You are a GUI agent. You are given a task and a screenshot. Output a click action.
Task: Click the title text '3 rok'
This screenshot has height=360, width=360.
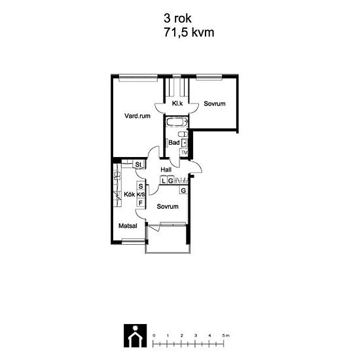pos(177,18)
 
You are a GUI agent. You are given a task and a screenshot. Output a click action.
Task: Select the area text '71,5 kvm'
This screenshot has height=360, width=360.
pos(189,32)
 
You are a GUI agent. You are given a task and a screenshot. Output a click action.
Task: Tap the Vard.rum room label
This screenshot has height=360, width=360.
pos(137,116)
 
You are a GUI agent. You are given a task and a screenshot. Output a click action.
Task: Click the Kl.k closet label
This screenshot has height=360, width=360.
pos(177,103)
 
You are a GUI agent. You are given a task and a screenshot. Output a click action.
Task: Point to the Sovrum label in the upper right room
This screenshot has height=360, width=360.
pos(215,103)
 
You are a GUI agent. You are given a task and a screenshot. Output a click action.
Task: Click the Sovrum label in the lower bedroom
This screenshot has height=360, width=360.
pos(168,206)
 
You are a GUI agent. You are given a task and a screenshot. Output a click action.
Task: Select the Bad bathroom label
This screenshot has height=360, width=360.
pos(174,143)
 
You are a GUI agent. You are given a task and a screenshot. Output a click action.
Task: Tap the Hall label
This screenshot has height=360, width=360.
pos(166,170)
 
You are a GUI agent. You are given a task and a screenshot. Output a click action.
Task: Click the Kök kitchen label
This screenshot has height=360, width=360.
pos(129,194)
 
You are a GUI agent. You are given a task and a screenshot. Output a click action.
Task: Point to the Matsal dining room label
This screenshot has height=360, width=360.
pos(128,226)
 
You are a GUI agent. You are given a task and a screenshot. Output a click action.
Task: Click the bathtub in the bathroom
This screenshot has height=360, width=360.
pos(177,122)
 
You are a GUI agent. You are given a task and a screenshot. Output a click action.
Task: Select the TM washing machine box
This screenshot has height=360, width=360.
pos(184,153)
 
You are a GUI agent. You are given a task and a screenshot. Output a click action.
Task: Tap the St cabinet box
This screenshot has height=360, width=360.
pos(139,164)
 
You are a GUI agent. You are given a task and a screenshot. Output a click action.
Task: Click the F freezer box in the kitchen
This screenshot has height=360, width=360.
pos(141,203)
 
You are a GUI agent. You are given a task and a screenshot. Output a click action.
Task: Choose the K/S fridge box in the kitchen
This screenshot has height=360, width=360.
pos(141,194)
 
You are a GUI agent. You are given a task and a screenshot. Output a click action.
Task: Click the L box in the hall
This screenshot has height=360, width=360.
pos(163,181)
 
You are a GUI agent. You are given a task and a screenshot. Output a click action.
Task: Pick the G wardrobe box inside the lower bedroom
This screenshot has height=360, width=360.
pos(183,190)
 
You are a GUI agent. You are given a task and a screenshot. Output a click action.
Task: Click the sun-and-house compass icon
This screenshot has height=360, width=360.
pos(135,335)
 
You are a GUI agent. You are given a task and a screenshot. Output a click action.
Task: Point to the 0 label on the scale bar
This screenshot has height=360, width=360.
pos(154,335)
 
